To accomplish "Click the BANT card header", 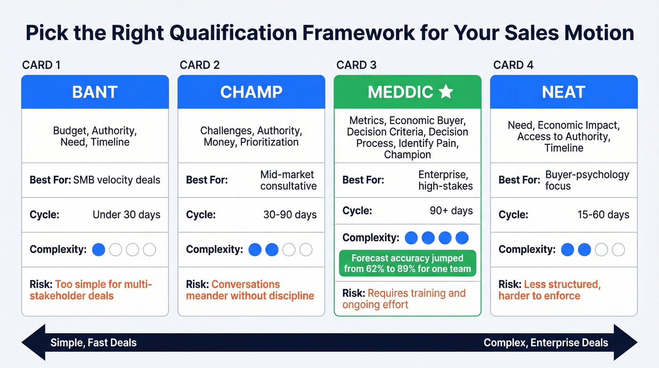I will pos(95,92).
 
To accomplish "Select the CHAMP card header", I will pos(251,92).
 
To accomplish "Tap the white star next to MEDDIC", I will pos(445,92).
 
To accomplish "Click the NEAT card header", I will pos(563,92).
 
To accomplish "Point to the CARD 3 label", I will pos(356,65).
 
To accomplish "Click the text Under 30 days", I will pos(126,215).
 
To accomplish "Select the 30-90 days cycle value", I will pos(290,215).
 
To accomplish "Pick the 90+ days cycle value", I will pos(451,210).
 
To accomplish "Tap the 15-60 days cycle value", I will pos(603,215).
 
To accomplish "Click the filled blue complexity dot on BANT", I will pos(98,250).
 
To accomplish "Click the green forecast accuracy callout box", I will pos(407,263).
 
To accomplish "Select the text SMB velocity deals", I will pos(117,180).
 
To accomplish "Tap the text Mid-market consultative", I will pos(288,180).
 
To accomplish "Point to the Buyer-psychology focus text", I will pos(587,180).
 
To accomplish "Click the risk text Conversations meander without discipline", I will pos(250,290).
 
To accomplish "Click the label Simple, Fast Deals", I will pos(93,343).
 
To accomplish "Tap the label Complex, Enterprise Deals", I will pos(546,343).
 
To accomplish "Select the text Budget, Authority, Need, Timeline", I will pos(95,136).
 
